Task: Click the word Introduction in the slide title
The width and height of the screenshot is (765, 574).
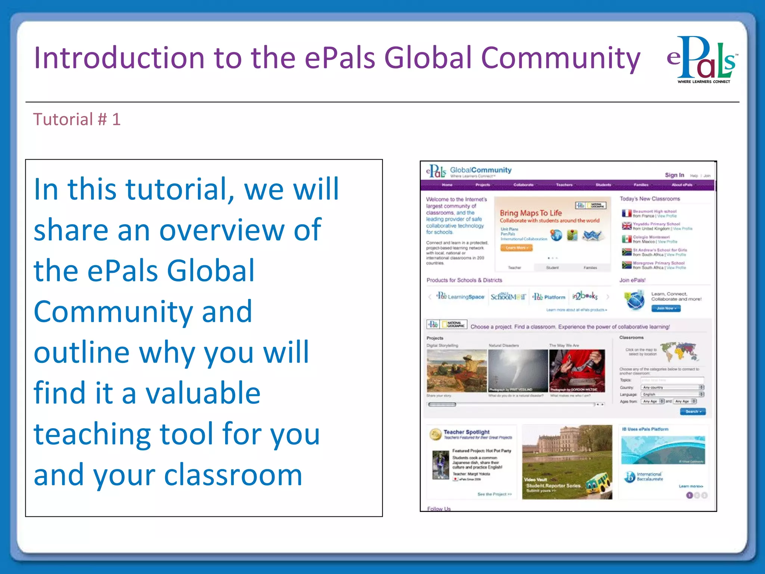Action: click(119, 58)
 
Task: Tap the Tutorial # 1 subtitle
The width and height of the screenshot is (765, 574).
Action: click(77, 120)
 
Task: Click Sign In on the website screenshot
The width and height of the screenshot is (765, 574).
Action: click(674, 175)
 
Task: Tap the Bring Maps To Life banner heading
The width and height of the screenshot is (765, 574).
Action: click(530, 213)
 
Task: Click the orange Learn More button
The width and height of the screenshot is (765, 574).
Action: click(516, 248)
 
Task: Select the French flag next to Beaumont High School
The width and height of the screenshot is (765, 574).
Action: click(626, 213)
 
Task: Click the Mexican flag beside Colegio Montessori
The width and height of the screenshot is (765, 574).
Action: click(626, 239)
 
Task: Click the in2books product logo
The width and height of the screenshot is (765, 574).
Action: click(585, 296)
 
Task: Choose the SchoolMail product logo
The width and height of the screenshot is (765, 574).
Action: click(508, 297)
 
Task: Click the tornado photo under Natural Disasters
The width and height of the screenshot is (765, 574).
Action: click(518, 370)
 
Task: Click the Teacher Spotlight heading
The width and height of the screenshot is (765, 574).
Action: click(466, 432)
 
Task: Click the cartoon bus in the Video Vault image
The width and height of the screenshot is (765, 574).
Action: click(598, 484)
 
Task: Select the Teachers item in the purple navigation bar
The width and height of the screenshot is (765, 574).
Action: click(564, 185)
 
